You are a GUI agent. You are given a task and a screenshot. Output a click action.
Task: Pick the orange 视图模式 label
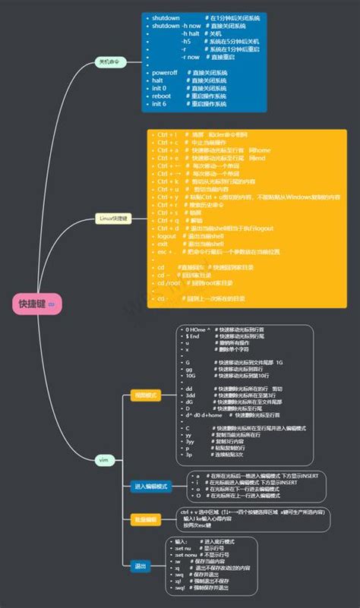pyautogui.click(x=144, y=395)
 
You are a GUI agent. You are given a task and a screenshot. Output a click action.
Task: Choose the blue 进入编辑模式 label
pyautogui.click(x=150, y=486)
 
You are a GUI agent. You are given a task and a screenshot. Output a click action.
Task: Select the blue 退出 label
pyautogui.click(x=140, y=565)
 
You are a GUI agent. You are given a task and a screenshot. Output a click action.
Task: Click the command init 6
pyautogui.click(x=159, y=104)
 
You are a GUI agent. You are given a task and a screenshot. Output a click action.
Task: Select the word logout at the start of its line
pyautogui.click(x=167, y=236)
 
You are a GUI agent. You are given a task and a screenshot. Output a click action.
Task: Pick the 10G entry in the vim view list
pyautogui.click(x=190, y=375)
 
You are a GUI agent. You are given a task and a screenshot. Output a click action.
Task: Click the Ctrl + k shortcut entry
pyautogui.click(x=169, y=181)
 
